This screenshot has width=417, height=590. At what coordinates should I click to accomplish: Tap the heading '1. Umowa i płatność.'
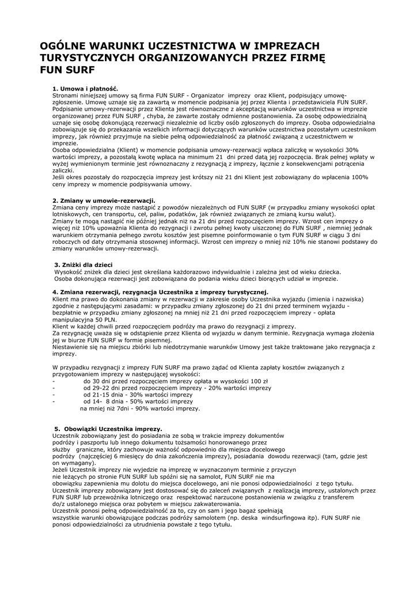click(85, 88)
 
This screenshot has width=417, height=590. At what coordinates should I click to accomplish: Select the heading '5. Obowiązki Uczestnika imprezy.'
click(108, 429)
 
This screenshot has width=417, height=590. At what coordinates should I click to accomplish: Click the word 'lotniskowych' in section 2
click(69, 213)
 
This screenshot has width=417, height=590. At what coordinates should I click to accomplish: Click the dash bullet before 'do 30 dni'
click(54, 381)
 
